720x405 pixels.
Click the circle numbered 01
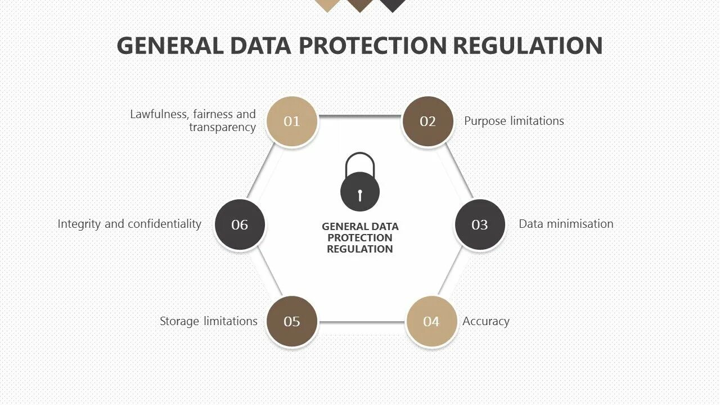point(291,121)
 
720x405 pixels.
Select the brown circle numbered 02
point(428,121)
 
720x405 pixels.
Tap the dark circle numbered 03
point(479,224)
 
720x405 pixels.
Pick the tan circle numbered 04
point(431,321)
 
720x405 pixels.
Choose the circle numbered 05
point(291,321)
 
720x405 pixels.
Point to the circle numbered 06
point(240,224)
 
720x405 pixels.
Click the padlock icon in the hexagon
point(360,183)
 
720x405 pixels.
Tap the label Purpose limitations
point(514,121)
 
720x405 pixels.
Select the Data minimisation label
point(566,224)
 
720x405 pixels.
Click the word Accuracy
point(486,321)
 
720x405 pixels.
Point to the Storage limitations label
point(208,321)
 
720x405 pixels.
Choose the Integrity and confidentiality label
point(129,224)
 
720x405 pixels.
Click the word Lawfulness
point(158,114)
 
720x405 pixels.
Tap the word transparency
point(222,127)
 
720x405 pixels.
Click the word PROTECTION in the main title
point(372,46)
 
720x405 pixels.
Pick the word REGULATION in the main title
point(528,46)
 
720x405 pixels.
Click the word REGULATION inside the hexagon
point(360,249)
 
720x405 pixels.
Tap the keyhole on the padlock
point(360,195)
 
